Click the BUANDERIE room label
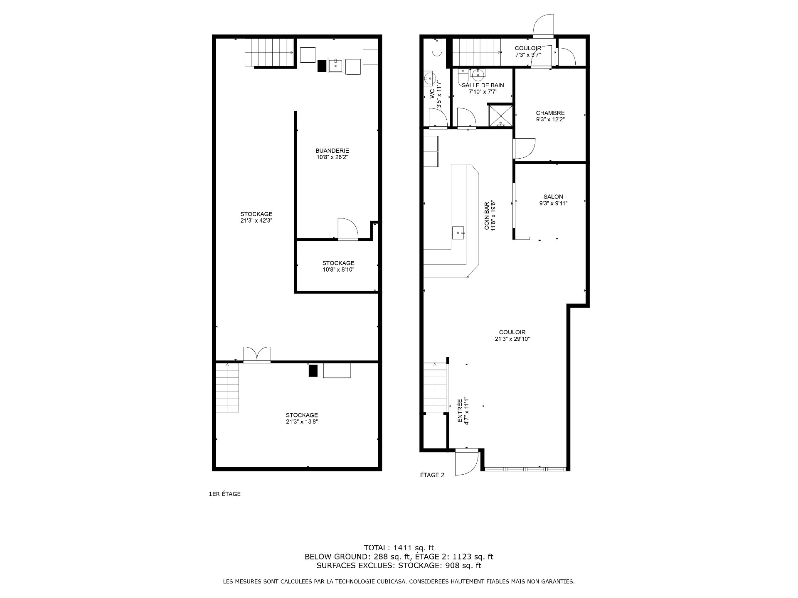point(332,151)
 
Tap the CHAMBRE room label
point(550,113)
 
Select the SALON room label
point(553,197)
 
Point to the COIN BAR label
point(487,216)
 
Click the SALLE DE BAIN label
point(483,85)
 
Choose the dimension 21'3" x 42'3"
point(256,221)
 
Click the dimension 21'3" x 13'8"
point(302,422)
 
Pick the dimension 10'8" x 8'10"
point(338,270)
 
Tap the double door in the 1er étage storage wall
point(257,354)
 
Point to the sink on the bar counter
point(458,233)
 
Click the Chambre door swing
point(525,148)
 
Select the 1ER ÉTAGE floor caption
point(224,494)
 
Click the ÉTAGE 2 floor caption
point(432,475)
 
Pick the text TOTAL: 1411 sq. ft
point(399,548)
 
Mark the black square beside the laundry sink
point(322,66)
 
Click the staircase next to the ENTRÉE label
point(435,388)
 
